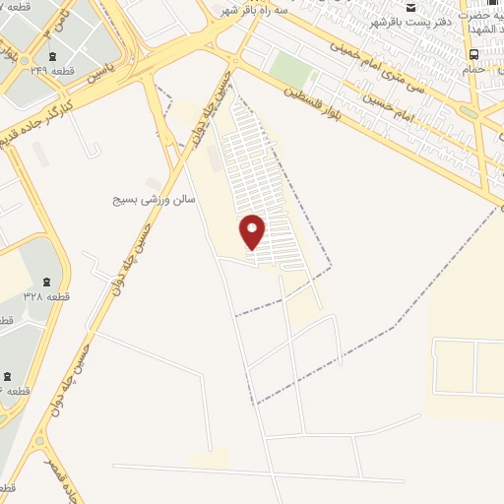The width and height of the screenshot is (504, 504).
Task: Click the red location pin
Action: (x=253, y=232)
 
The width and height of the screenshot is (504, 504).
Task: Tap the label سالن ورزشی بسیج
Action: (x=156, y=198)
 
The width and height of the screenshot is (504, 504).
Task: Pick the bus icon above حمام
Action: (x=475, y=54)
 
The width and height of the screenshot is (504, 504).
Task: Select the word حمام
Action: (x=474, y=69)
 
